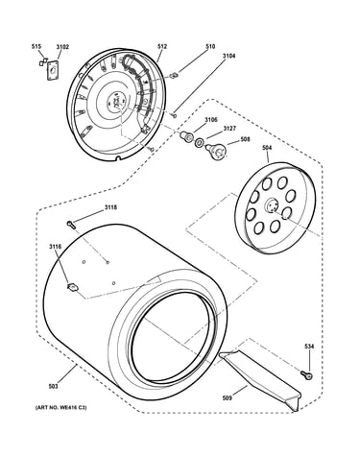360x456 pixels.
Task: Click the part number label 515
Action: [36, 47]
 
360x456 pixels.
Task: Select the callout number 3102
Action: [62, 47]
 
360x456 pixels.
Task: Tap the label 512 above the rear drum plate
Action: [162, 46]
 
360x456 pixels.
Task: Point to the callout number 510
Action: [210, 46]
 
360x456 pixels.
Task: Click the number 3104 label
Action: [228, 56]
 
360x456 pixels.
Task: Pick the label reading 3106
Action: [211, 120]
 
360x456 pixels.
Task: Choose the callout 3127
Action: [229, 129]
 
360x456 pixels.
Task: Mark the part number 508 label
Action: [245, 139]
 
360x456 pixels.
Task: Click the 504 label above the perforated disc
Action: [267, 148]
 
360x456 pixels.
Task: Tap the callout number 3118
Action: [110, 207]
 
